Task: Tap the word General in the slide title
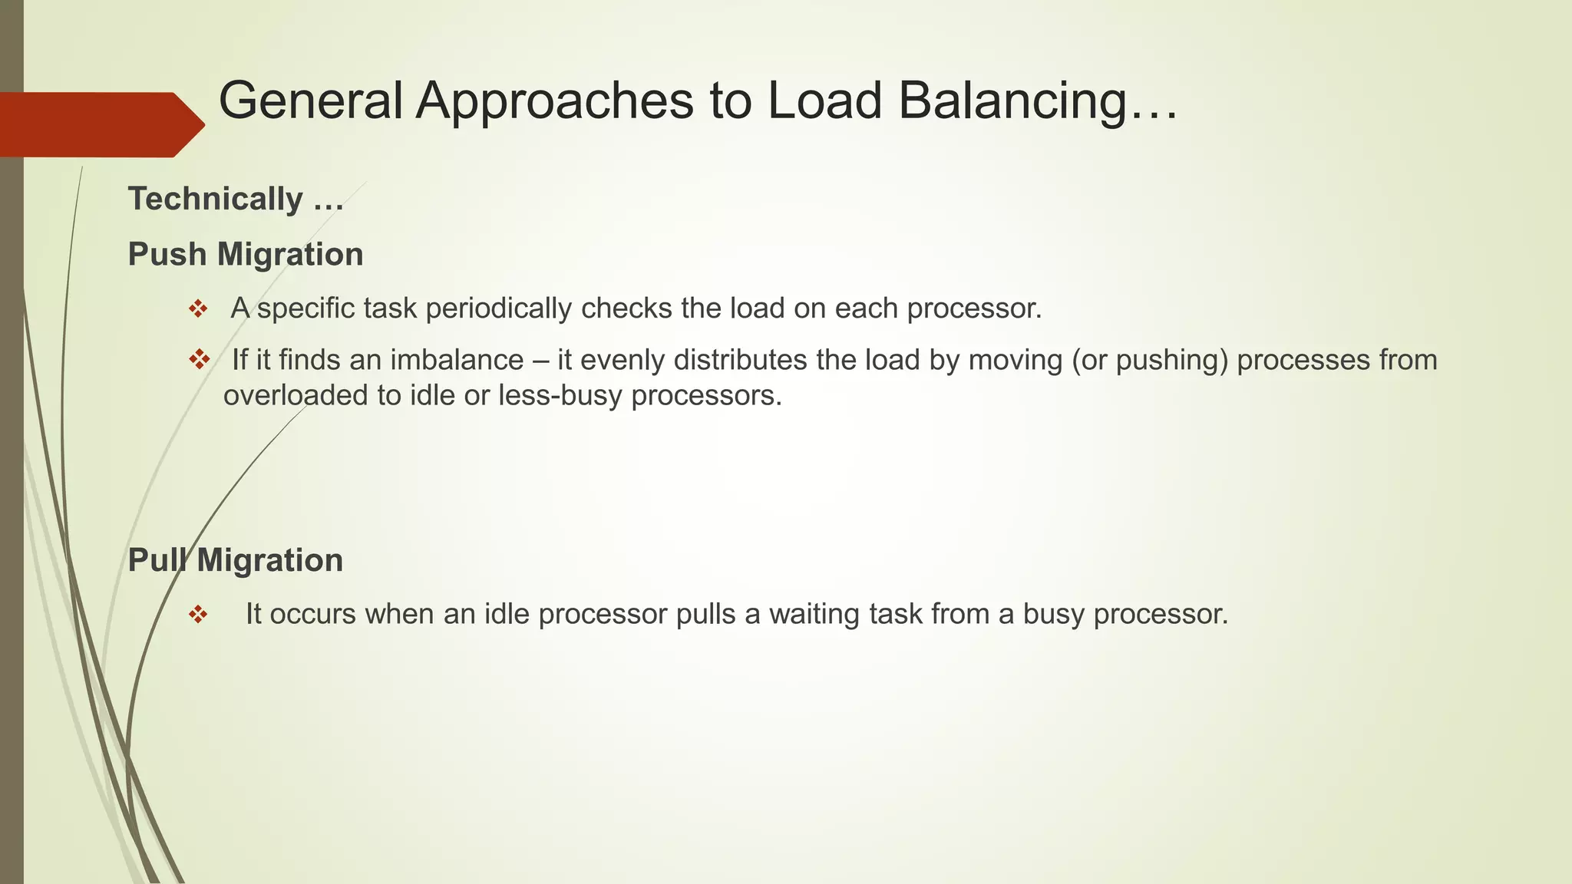pyautogui.click(x=310, y=101)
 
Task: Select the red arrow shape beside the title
pyautogui.click(x=100, y=124)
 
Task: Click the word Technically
pyautogui.click(x=216, y=199)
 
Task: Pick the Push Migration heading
pyautogui.click(x=246, y=254)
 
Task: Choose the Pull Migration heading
pyautogui.click(x=235, y=559)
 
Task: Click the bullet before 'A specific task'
pyautogui.click(x=198, y=309)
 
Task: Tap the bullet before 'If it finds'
pyautogui.click(x=199, y=359)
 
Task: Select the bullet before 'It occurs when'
pyautogui.click(x=198, y=615)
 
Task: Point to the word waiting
pyautogui.click(x=814, y=614)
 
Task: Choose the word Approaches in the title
pyautogui.click(x=554, y=101)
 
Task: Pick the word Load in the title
pyautogui.click(x=824, y=101)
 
